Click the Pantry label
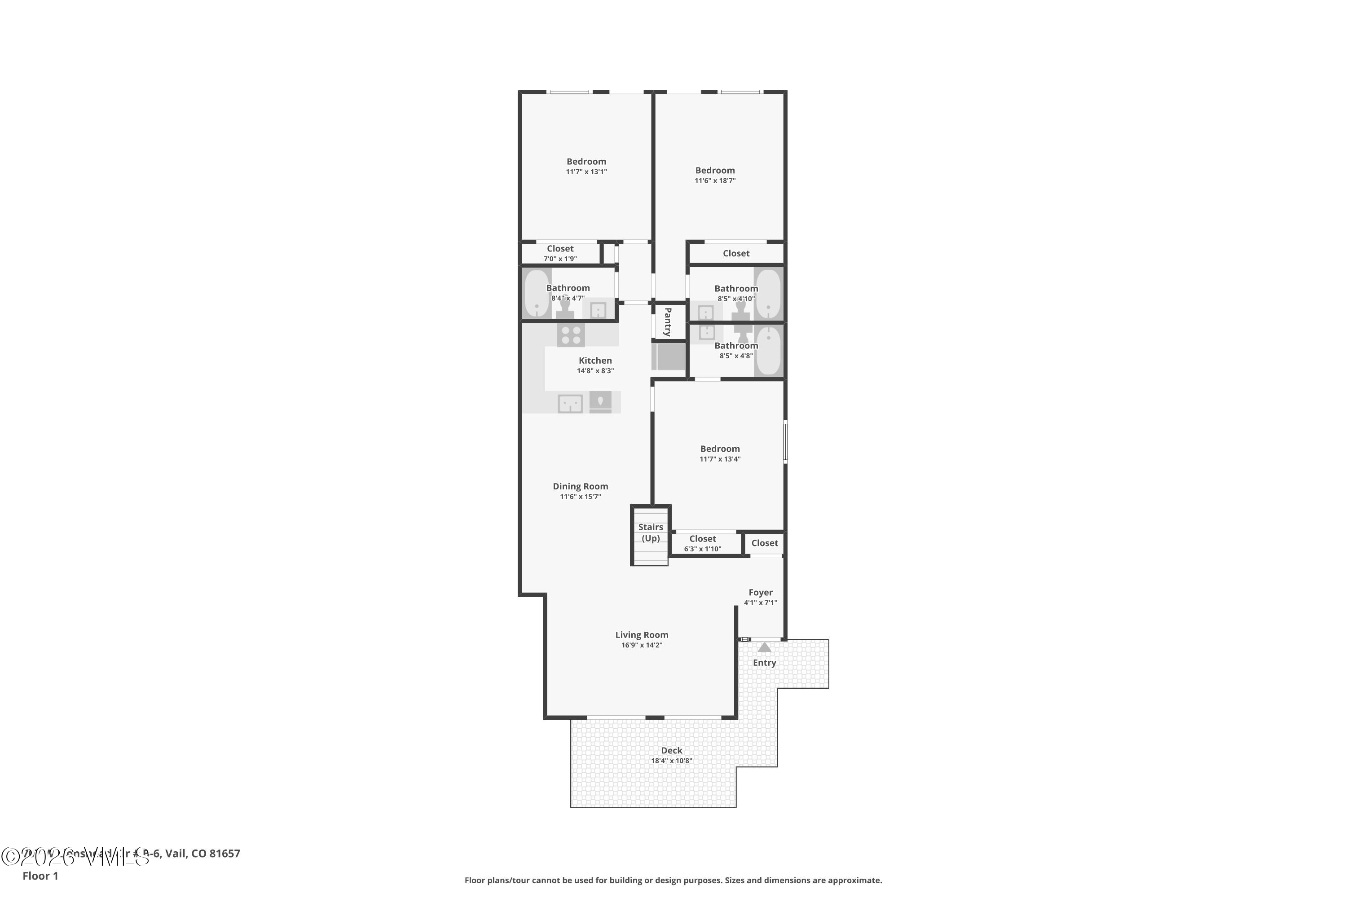[668, 321]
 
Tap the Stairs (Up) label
[651, 533]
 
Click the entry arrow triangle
[764, 647]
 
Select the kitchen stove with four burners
[570, 335]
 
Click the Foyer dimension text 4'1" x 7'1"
[761, 603]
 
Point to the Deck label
[671, 750]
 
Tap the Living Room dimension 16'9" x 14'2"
[642, 645]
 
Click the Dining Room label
[580, 486]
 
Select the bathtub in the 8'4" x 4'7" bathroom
[537, 293]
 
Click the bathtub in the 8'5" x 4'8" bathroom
[768, 351]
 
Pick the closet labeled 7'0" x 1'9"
[560, 253]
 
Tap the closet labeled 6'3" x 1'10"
[703, 543]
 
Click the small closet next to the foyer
[765, 543]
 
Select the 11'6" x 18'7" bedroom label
[715, 171]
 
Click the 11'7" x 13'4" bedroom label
[720, 449]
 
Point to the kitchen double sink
[570, 404]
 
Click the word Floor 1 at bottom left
[40, 876]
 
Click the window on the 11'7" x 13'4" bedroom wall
[785, 441]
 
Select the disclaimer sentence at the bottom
[673, 880]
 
